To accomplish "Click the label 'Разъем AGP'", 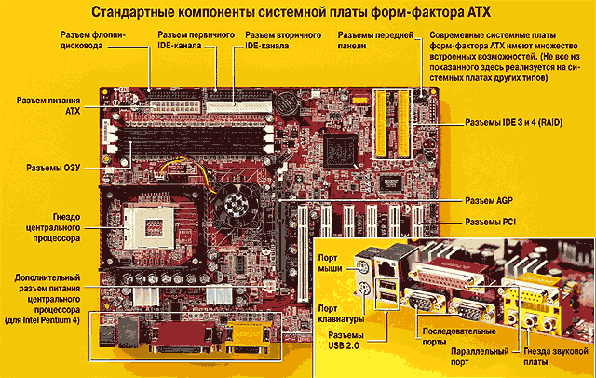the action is pos(489,200).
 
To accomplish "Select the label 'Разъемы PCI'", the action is pos(491,222).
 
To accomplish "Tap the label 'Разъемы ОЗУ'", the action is pos(53,168).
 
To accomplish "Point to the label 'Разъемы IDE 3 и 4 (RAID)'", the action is pos(513,122).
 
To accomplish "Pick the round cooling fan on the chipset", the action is pos(233,206).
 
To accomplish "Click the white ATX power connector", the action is pos(176,105).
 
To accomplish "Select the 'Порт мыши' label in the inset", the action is pos(330,263).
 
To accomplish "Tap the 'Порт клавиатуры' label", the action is pos(341,314).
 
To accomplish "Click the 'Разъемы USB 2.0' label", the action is pos(345,341).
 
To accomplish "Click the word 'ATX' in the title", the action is pos(478,12).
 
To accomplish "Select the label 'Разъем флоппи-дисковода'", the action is pos(92,40).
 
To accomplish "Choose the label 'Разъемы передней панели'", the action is pos(375,40).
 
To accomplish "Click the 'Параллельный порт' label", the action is pos(480,357).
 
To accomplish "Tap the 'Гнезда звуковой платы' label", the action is pos(556,357).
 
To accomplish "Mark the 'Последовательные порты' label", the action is pos(459,336).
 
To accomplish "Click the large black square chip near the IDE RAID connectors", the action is pos(340,151).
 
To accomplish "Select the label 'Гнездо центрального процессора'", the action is pos(53,227).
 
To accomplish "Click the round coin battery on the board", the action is pos(287,101).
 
